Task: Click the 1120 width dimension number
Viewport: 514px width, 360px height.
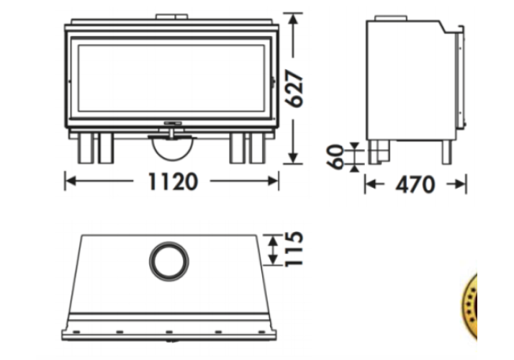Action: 173,181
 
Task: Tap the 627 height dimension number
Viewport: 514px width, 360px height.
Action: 294,88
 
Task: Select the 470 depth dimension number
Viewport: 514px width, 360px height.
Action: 415,184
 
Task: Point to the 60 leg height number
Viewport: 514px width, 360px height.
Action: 335,157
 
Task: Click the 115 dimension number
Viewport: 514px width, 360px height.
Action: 294,249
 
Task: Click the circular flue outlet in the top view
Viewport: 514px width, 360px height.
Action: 169,261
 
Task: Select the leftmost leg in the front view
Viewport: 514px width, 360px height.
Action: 86,148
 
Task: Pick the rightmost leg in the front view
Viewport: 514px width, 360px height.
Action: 258,148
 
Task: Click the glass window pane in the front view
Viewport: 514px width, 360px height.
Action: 171,78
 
